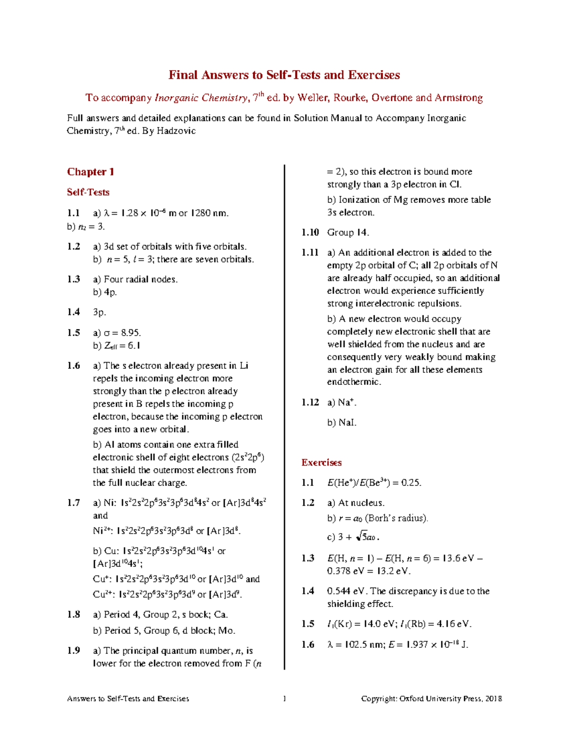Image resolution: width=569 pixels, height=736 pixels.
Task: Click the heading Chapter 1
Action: (90, 172)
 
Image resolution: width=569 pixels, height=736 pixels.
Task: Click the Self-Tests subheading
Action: (88, 192)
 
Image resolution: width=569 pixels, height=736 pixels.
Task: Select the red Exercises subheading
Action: (321, 463)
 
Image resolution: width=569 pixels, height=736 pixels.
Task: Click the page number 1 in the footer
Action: (284, 699)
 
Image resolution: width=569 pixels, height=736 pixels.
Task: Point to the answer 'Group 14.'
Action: (348, 232)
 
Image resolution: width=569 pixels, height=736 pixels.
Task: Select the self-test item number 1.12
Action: (310, 402)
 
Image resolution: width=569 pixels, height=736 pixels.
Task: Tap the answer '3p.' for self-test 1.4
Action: (99, 312)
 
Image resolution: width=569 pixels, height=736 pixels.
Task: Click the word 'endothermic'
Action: (353, 382)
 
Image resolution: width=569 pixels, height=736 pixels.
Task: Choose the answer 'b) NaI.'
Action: (341, 422)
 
